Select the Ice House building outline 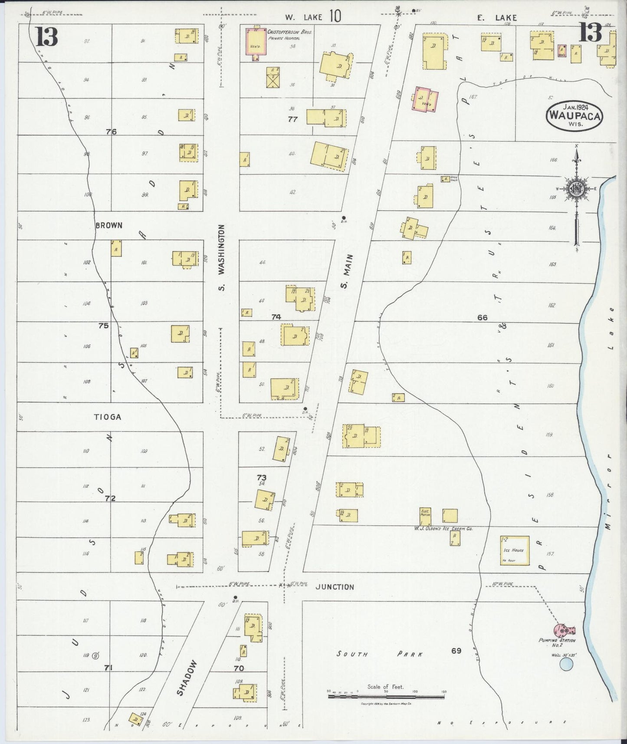tap(515, 550)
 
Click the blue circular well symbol tap(566, 664)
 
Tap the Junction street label tap(335, 587)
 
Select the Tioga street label tap(107, 417)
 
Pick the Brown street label tap(109, 225)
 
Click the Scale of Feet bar tap(386, 697)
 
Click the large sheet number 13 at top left tap(46, 36)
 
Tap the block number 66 tap(482, 317)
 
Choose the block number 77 tap(293, 119)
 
